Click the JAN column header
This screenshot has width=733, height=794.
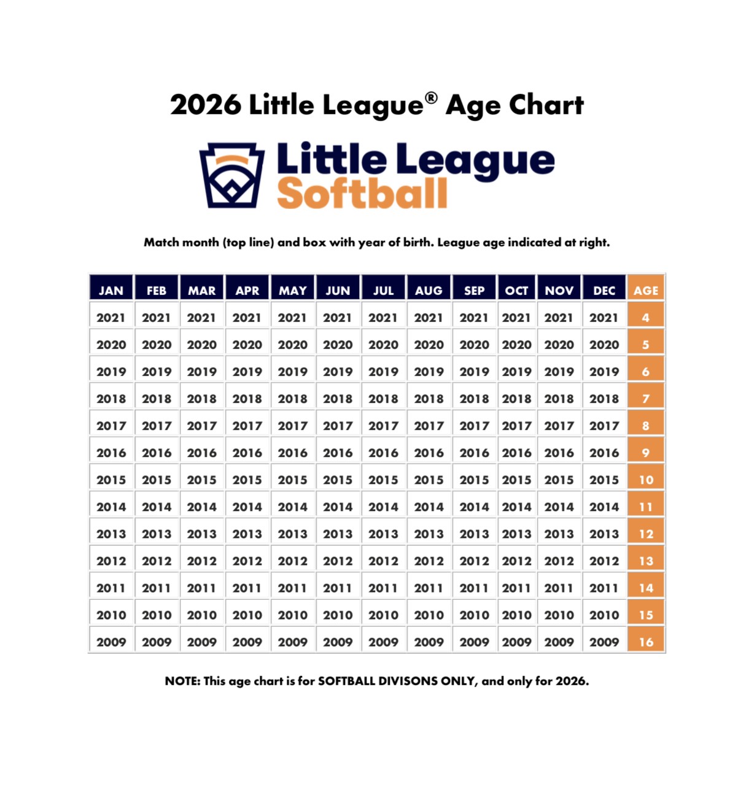coord(111,290)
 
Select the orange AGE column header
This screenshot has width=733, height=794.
coord(646,290)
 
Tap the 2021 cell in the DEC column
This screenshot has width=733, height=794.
coord(604,318)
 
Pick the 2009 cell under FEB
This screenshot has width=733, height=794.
coord(157,642)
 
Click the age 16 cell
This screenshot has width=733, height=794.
coord(646,642)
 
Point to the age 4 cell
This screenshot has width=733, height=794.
coord(646,318)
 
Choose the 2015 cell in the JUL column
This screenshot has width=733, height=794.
coord(383,480)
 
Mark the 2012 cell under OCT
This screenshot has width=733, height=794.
coord(516,561)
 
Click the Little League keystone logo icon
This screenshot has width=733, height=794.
coord(232,176)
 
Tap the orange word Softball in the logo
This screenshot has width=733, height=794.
coord(362,194)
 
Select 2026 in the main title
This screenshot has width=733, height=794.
coord(206,105)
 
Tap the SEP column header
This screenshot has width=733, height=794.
coord(474,290)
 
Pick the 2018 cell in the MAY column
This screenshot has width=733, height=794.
coord(292,399)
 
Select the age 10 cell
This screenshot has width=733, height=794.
coord(646,480)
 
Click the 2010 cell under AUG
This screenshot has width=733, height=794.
coord(429,615)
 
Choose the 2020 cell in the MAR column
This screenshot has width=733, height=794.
coord(202,345)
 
